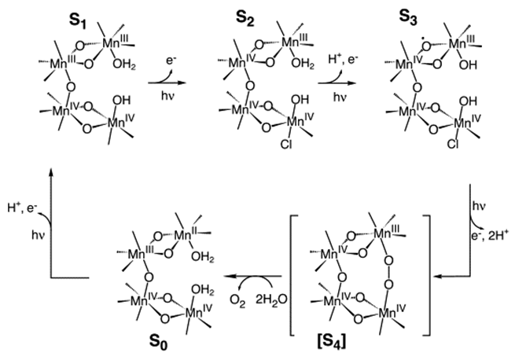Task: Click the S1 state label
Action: coord(78,22)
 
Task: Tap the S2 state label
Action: coord(245,19)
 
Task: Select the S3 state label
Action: coord(408,18)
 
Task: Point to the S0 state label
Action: coord(158,342)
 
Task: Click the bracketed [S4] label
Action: coord(332,342)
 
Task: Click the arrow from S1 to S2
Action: coord(167,83)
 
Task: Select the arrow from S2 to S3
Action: coord(337,83)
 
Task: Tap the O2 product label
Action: coord(237,300)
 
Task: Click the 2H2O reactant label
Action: coord(271,299)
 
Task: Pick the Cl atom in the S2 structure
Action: coord(286,144)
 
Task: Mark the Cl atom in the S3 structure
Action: coord(453,144)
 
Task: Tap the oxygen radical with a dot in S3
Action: coord(426,46)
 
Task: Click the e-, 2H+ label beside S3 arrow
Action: coord(490,236)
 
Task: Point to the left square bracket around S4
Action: coord(294,275)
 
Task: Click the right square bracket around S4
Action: coord(426,275)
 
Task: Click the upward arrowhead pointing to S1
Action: coord(50,171)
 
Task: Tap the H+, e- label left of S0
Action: coord(23,208)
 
